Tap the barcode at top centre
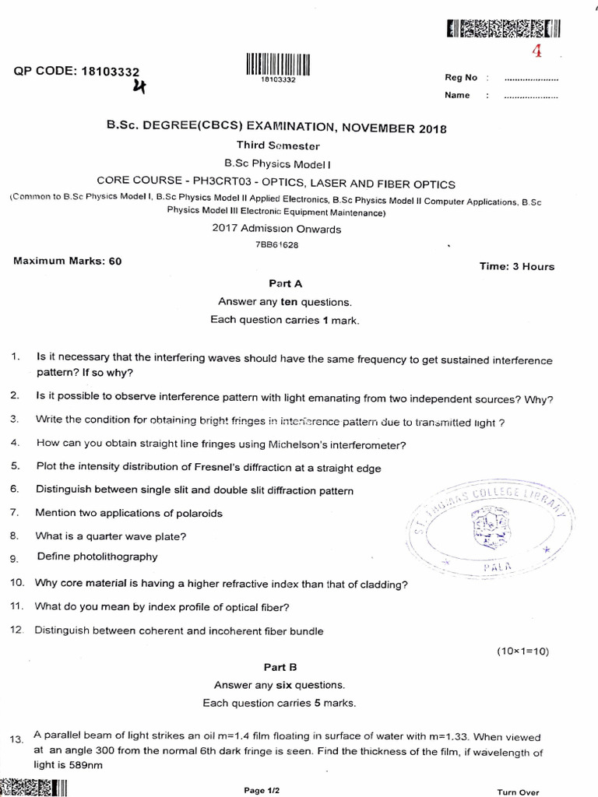click(x=279, y=63)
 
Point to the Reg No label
click(x=460, y=78)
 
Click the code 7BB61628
click(x=277, y=244)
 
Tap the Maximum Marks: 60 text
click(x=68, y=262)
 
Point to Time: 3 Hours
click(x=517, y=266)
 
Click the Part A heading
click(x=280, y=284)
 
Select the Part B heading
click(x=280, y=667)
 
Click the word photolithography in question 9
click(x=114, y=556)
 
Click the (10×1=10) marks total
click(x=522, y=651)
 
